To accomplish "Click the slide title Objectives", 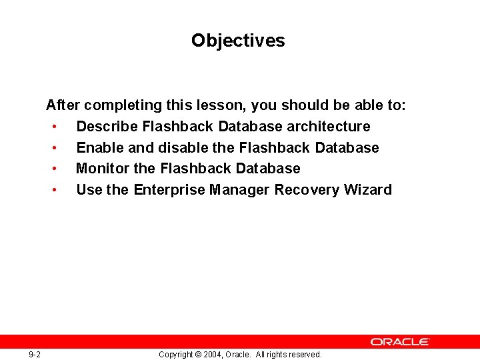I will pos(238,41).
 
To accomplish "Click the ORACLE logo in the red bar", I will pos(400,341).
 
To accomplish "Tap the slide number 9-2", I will pos(35,355).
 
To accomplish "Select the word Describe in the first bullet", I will pos(107,126).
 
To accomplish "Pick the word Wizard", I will pos(368,189).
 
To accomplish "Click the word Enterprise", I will pos(169,189).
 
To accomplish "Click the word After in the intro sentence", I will pos(63,105).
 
